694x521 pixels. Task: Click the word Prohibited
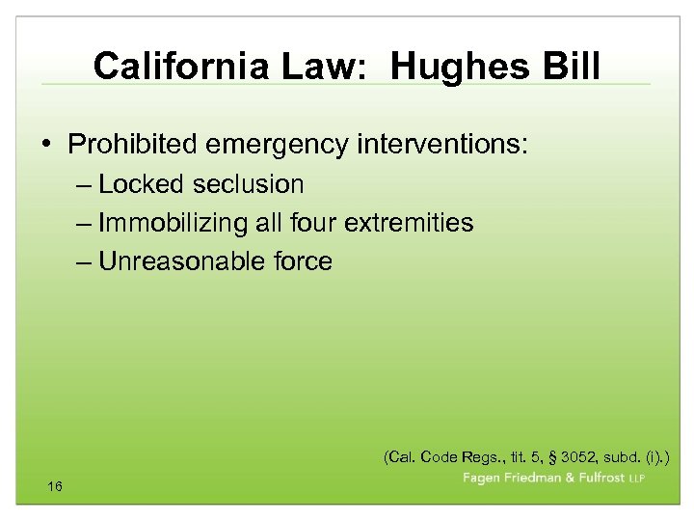coord(131,145)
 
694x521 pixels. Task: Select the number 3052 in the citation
coord(546,454)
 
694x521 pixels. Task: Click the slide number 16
coord(55,486)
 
